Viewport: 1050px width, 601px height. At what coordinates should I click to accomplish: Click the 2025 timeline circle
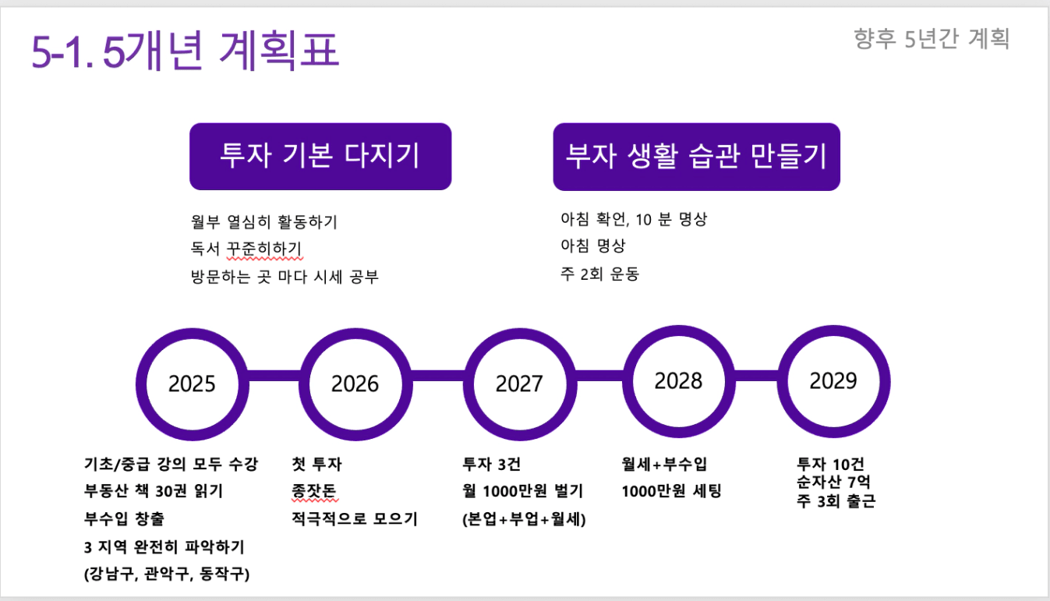pos(140,384)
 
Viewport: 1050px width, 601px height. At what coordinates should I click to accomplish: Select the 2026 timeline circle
pos(304,384)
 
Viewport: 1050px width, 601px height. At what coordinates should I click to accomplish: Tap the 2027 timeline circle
pos(468,384)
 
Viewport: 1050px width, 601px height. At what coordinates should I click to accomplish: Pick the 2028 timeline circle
pos(628,382)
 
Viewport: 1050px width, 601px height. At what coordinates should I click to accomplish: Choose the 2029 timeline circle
pos(783,382)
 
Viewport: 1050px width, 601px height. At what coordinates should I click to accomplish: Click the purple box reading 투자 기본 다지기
pos(320,157)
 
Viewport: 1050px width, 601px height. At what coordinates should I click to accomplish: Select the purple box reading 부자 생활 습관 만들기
pos(697,157)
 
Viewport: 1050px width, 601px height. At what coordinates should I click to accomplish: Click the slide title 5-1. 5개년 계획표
pos(186,51)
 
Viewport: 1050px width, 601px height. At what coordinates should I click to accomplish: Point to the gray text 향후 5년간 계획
pos(932,38)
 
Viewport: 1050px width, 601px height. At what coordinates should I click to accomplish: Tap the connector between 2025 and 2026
pos(274,376)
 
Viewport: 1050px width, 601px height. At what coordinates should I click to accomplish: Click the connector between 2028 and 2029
pos(757,376)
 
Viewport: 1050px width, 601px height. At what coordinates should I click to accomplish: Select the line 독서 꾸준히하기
pos(246,249)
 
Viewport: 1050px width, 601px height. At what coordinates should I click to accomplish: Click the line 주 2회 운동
pos(600,274)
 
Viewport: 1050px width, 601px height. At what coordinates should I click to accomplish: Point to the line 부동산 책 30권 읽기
pos(154,491)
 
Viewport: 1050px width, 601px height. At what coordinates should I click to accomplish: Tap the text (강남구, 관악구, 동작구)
pos(167,574)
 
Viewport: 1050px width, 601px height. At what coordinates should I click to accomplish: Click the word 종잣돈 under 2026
pos(314,491)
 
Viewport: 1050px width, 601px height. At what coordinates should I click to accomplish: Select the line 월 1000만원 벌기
pos(522,491)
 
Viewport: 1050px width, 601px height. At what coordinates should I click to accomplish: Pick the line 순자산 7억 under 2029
pos(833,482)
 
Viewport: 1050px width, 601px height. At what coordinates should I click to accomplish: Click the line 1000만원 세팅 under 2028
pos(671,491)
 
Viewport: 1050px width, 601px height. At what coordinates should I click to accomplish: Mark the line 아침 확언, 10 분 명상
pos(634,219)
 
